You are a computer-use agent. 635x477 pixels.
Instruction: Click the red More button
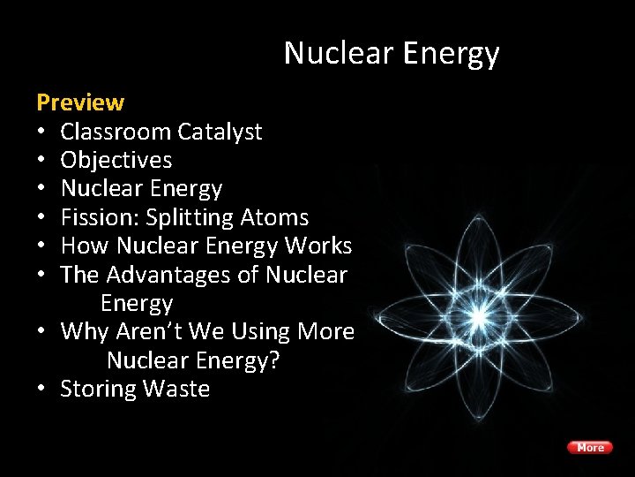point(590,448)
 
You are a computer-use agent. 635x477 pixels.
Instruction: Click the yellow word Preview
point(80,102)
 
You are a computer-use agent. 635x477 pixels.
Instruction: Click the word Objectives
point(116,160)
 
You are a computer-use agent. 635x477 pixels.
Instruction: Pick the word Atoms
point(277,217)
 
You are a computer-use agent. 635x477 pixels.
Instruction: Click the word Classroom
point(115,132)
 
